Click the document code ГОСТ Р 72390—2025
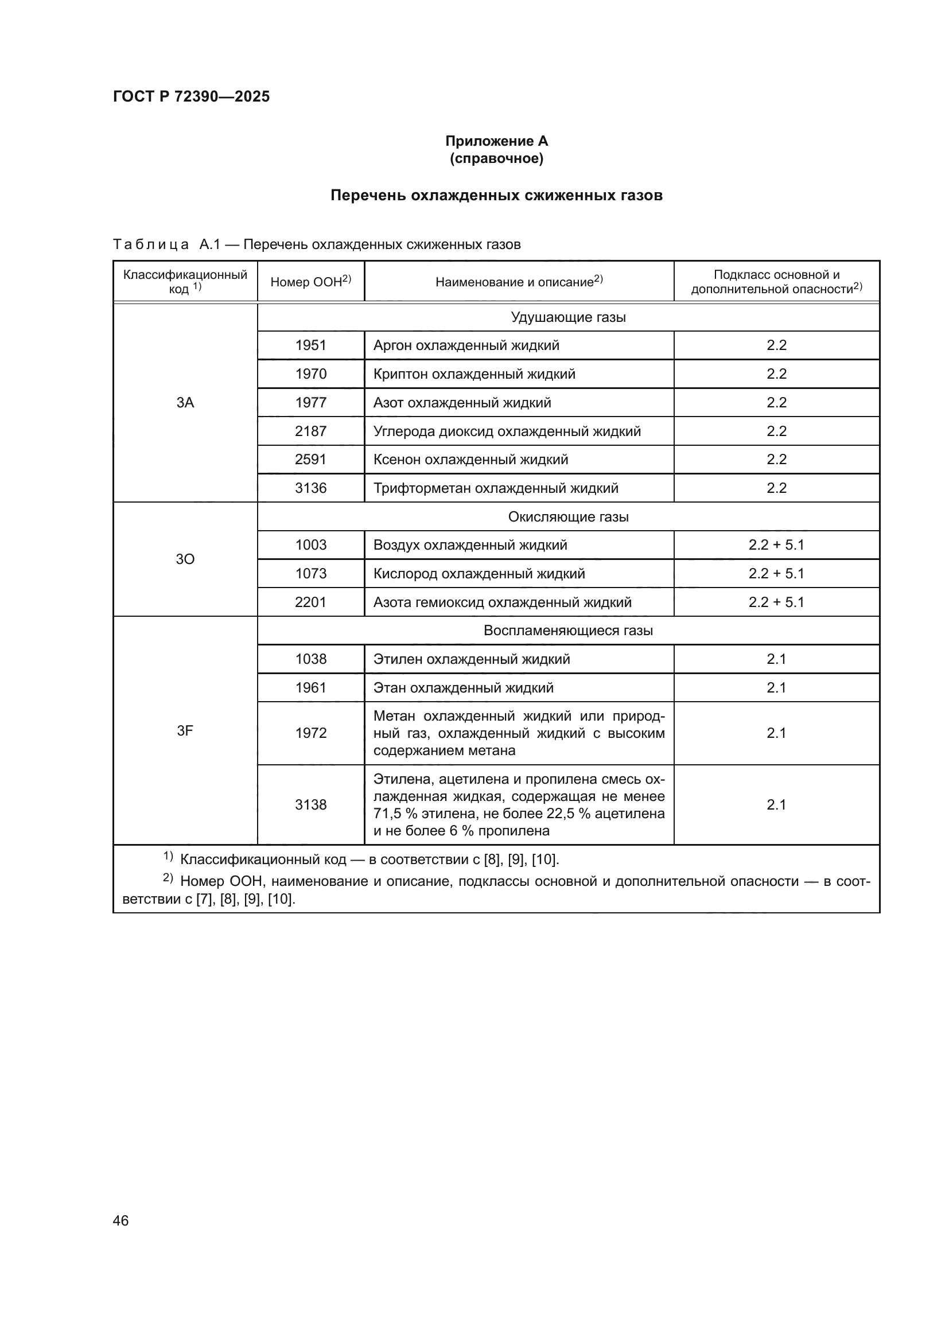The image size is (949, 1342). click(x=191, y=96)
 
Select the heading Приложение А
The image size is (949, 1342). click(x=496, y=141)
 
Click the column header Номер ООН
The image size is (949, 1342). click(x=310, y=282)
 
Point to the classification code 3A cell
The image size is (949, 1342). click(x=185, y=402)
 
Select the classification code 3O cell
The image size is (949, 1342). click(x=185, y=559)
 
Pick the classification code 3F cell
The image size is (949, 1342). click(x=185, y=730)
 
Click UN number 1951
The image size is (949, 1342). click(x=310, y=345)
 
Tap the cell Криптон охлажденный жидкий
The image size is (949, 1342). click(x=474, y=374)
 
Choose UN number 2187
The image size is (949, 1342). click(x=310, y=431)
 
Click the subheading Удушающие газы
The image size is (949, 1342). click(x=568, y=317)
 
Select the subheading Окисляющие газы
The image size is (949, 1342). click(x=568, y=517)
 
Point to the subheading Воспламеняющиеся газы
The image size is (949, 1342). click(x=568, y=631)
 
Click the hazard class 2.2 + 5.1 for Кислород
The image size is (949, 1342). click(x=776, y=573)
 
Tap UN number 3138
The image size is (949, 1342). click(x=310, y=805)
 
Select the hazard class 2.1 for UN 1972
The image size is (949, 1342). click(x=776, y=733)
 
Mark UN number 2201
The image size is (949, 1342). click(x=310, y=602)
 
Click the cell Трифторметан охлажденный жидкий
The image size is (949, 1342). click(x=496, y=488)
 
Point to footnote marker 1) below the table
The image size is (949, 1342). click(x=168, y=857)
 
